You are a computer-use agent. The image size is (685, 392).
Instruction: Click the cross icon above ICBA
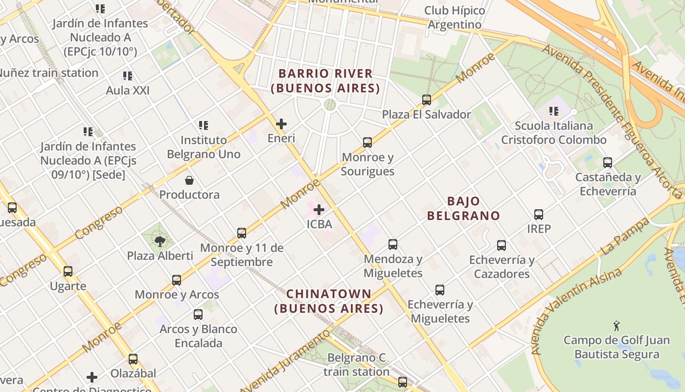coord(319,210)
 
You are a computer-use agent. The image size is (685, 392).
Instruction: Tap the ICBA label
coord(319,224)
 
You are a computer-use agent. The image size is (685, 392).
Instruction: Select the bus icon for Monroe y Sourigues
coord(367,143)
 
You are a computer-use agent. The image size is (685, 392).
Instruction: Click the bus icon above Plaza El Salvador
coord(427,100)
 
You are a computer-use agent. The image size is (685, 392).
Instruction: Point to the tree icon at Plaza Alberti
coord(160,241)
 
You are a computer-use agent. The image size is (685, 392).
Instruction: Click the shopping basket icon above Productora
coord(189,180)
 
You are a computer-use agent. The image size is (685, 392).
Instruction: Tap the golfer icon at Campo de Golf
coord(616,325)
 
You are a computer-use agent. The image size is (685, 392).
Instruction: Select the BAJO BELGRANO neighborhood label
coord(463,208)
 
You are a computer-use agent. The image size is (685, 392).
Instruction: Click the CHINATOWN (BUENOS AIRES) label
coord(329,301)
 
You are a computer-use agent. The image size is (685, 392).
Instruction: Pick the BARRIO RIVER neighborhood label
coord(325,81)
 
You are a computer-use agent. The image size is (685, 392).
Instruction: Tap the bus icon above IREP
coord(539,215)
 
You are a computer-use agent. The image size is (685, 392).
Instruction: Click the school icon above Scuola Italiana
coord(554,112)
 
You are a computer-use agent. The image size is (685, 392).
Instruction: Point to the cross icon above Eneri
coord(281,124)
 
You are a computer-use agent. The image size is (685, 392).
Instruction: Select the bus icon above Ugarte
coord(68,271)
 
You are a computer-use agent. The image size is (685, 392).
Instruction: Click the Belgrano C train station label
coord(356,365)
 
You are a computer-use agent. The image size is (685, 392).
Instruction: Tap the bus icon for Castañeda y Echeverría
coord(608,163)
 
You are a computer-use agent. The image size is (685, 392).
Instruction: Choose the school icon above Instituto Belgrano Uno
coord(204,125)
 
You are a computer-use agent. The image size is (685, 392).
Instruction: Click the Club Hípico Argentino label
coord(455,17)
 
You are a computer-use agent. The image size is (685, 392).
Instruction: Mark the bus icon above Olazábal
coord(133,359)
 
